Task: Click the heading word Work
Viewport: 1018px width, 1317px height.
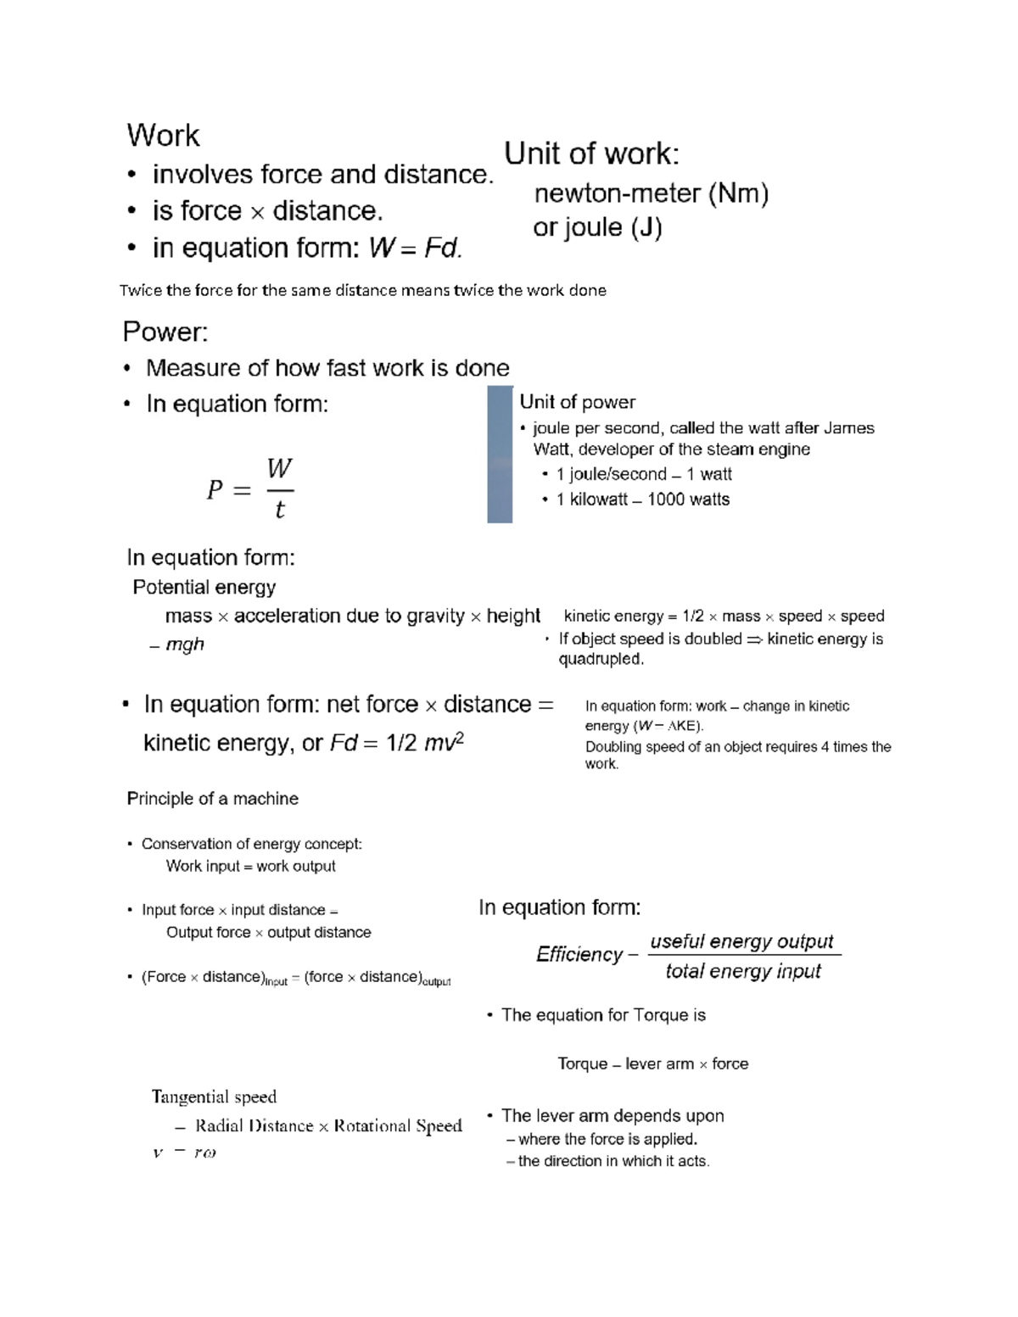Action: point(163,136)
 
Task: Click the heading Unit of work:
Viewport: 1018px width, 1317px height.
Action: point(591,153)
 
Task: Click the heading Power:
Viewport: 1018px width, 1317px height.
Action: point(165,332)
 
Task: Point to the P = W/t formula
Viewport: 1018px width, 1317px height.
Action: point(250,489)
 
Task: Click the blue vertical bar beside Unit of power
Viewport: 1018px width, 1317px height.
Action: point(500,455)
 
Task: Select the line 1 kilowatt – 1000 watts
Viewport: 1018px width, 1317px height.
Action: point(642,499)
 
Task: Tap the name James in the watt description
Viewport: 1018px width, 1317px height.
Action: point(848,428)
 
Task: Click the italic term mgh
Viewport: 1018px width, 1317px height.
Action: point(184,645)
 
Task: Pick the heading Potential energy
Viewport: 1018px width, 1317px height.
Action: point(204,588)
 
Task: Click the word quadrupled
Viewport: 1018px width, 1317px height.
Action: point(601,659)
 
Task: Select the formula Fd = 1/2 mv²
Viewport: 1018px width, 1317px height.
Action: point(396,743)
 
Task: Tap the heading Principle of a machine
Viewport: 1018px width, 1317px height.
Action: point(212,799)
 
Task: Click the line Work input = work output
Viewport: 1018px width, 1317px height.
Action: point(250,866)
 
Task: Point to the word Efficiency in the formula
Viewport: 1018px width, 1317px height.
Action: point(579,955)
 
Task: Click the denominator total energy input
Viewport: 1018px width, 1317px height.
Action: point(743,971)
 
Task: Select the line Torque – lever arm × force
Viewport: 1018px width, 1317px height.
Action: point(652,1063)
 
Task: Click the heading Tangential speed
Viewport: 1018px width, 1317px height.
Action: point(214,1097)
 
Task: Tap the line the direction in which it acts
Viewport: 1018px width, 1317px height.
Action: point(612,1161)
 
